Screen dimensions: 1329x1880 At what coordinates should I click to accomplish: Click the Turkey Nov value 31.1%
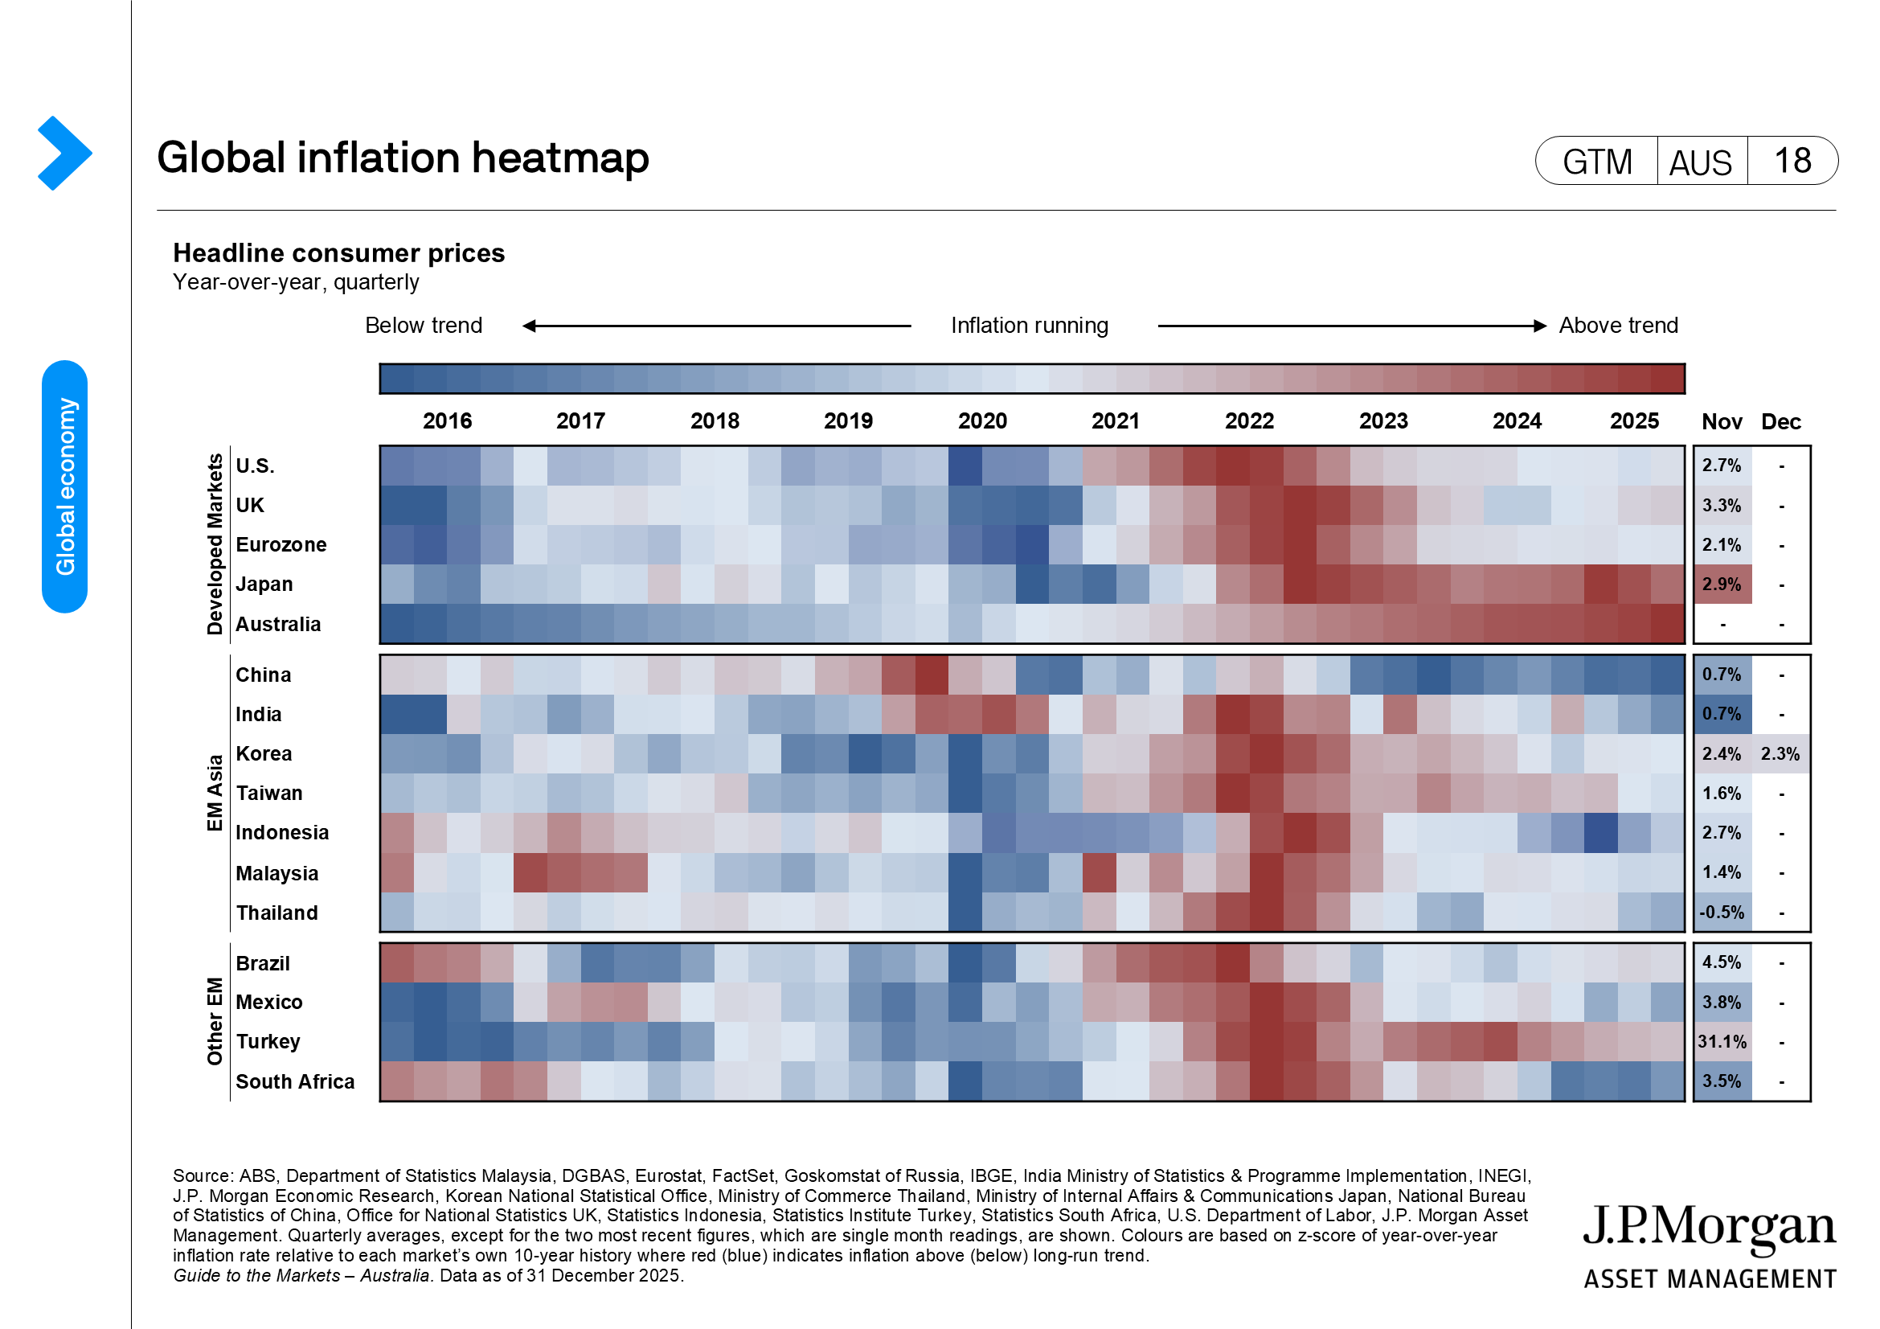(1721, 1042)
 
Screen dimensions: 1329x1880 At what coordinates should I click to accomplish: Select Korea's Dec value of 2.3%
(1780, 753)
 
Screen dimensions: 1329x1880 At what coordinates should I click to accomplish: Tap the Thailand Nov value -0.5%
(1721, 913)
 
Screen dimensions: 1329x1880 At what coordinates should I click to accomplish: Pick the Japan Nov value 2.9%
(1721, 584)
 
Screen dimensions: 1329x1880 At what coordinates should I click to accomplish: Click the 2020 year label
(981, 421)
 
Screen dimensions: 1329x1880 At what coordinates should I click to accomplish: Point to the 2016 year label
(447, 421)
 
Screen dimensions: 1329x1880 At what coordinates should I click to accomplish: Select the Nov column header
(1721, 422)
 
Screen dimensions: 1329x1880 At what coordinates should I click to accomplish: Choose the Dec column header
(1780, 422)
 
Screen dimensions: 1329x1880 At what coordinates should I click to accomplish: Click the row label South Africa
(295, 1081)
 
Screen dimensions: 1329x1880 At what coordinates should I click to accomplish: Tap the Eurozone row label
(281, 544)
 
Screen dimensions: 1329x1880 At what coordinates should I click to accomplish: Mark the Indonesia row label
(281, 832)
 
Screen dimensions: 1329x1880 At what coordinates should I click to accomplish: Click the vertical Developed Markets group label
(215, 544)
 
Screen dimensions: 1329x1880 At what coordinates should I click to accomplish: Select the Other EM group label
(215, 1021)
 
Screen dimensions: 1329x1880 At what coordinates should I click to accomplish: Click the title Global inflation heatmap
(403, 158)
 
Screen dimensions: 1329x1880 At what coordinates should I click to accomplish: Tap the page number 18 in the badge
(1792, 161)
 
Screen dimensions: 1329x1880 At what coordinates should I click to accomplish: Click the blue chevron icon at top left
(63, 153)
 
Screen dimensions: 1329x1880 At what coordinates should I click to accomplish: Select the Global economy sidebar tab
(64, 486)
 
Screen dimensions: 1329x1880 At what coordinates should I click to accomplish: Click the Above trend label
(1617, 325)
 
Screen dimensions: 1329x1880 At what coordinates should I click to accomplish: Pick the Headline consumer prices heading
(338, 253)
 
